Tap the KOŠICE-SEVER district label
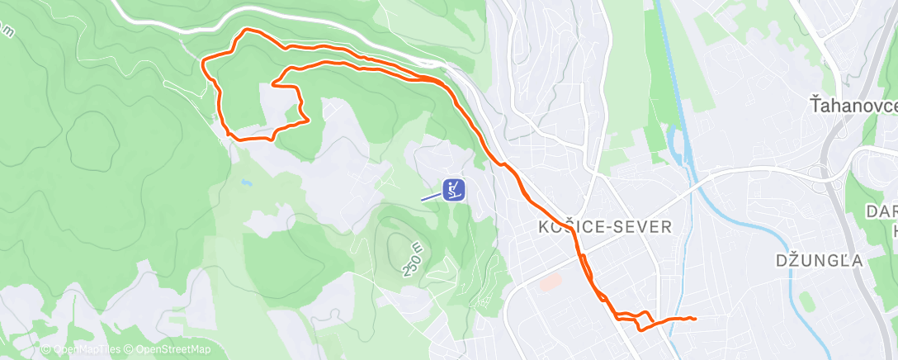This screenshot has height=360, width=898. [x=605, y=226]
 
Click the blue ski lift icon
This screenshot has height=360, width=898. [x=453, y=190]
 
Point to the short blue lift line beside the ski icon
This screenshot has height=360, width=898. [x=431, y=197]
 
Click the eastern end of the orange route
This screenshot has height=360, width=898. [x=696, y=319]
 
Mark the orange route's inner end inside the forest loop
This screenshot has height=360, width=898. [x=273, y=84]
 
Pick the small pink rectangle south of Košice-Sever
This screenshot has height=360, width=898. [x=549, y=282]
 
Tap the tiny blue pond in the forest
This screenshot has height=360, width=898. [x=245, y=181]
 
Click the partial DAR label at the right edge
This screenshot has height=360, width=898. [x=881, y=211]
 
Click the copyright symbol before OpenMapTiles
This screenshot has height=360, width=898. [x=45, y=350]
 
